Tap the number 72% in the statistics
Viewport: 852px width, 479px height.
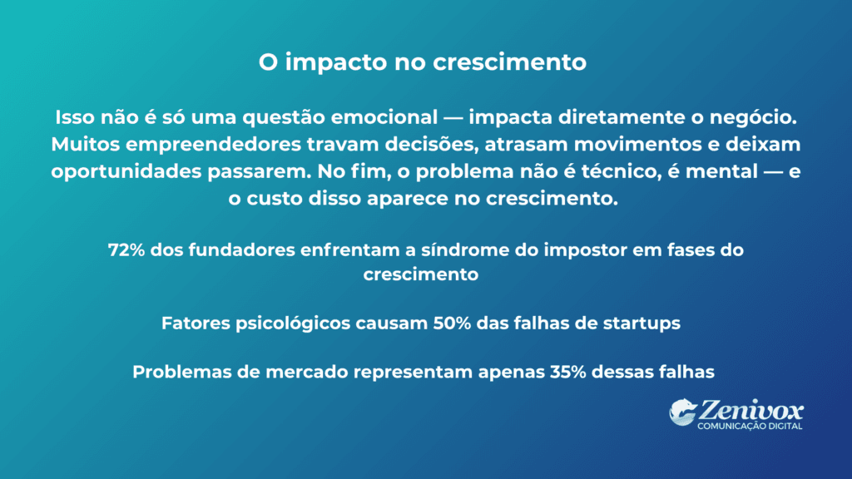tap(124, 249)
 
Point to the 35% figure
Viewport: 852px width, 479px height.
tap(570, 372)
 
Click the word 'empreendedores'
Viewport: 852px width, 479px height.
tap(194, 143)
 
